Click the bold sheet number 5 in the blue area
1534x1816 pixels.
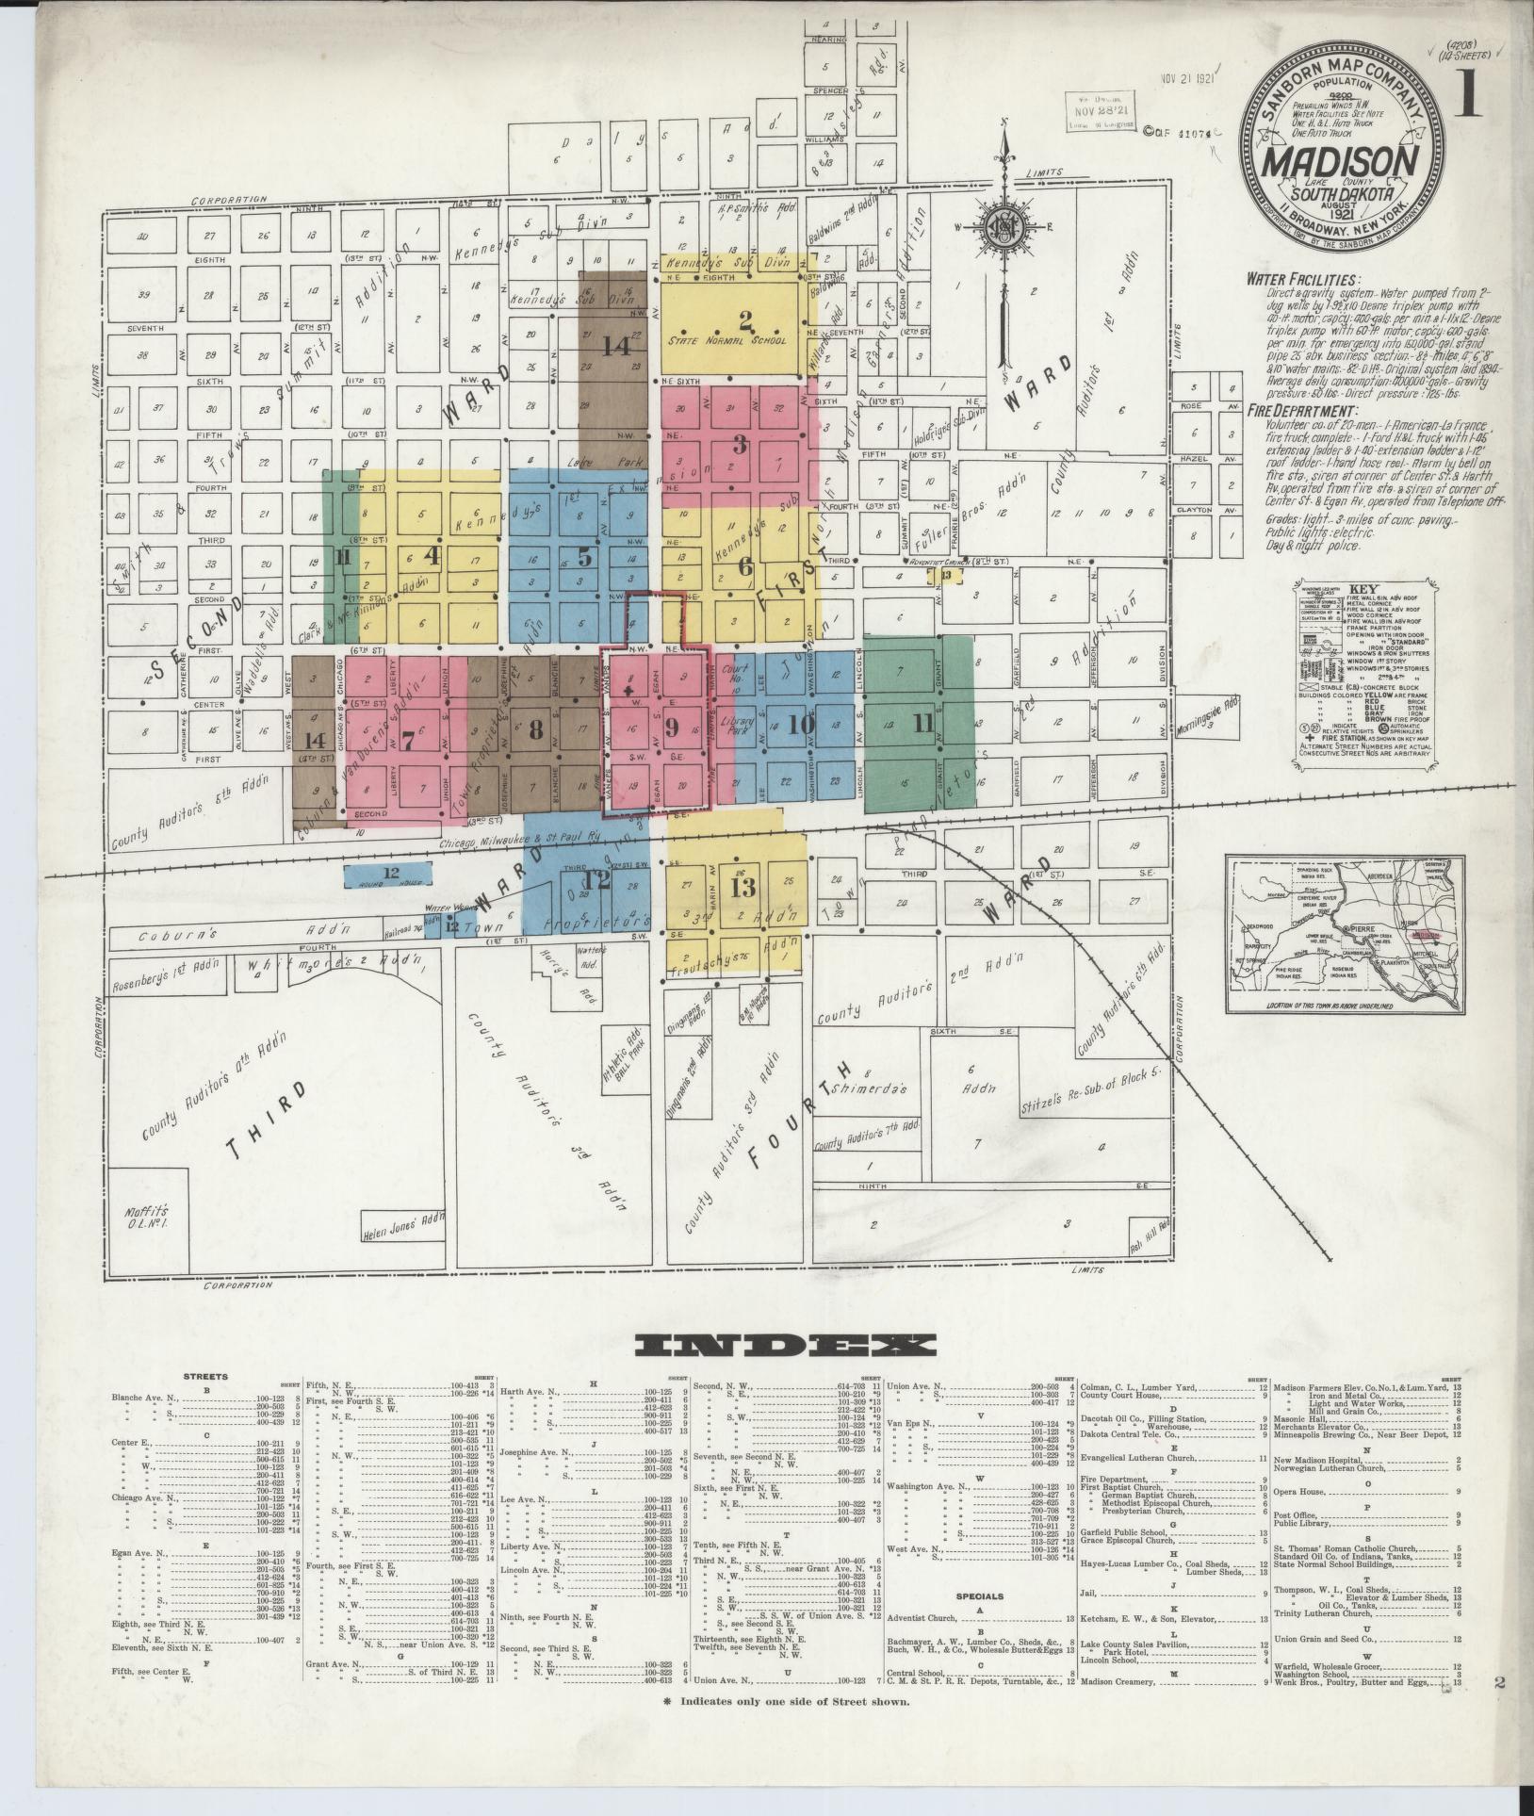[x=584, y=556]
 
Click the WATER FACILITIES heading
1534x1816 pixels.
[x=1303, y=280]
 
